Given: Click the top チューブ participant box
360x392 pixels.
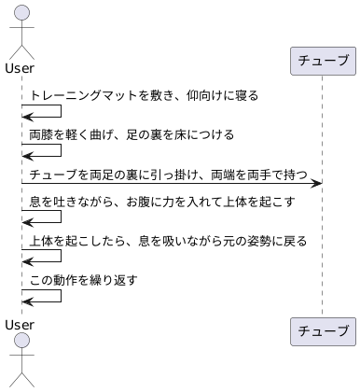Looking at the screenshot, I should click(323, 62).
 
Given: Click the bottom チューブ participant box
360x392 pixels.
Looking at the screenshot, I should click(323, 330).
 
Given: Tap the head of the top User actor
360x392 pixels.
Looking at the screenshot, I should click(21, 12).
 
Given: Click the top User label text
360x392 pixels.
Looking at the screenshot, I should click(21, 67).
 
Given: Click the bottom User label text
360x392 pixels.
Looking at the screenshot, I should click(21, 324).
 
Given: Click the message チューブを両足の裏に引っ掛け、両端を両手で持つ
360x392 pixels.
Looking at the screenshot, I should click(168, 175).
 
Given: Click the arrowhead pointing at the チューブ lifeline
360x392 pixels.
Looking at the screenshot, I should click(317, 184).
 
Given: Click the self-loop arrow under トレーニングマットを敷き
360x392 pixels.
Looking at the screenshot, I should click(42, 111).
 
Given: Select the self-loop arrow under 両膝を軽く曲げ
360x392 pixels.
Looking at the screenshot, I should click(42, 151).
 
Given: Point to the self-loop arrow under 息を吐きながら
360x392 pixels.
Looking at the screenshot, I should click(42, 218).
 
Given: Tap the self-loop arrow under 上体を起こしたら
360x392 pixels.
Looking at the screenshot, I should click(42, 258).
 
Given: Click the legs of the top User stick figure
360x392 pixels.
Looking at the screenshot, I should click(21, 50).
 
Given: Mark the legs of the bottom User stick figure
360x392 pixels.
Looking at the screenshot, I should click(21, 380).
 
